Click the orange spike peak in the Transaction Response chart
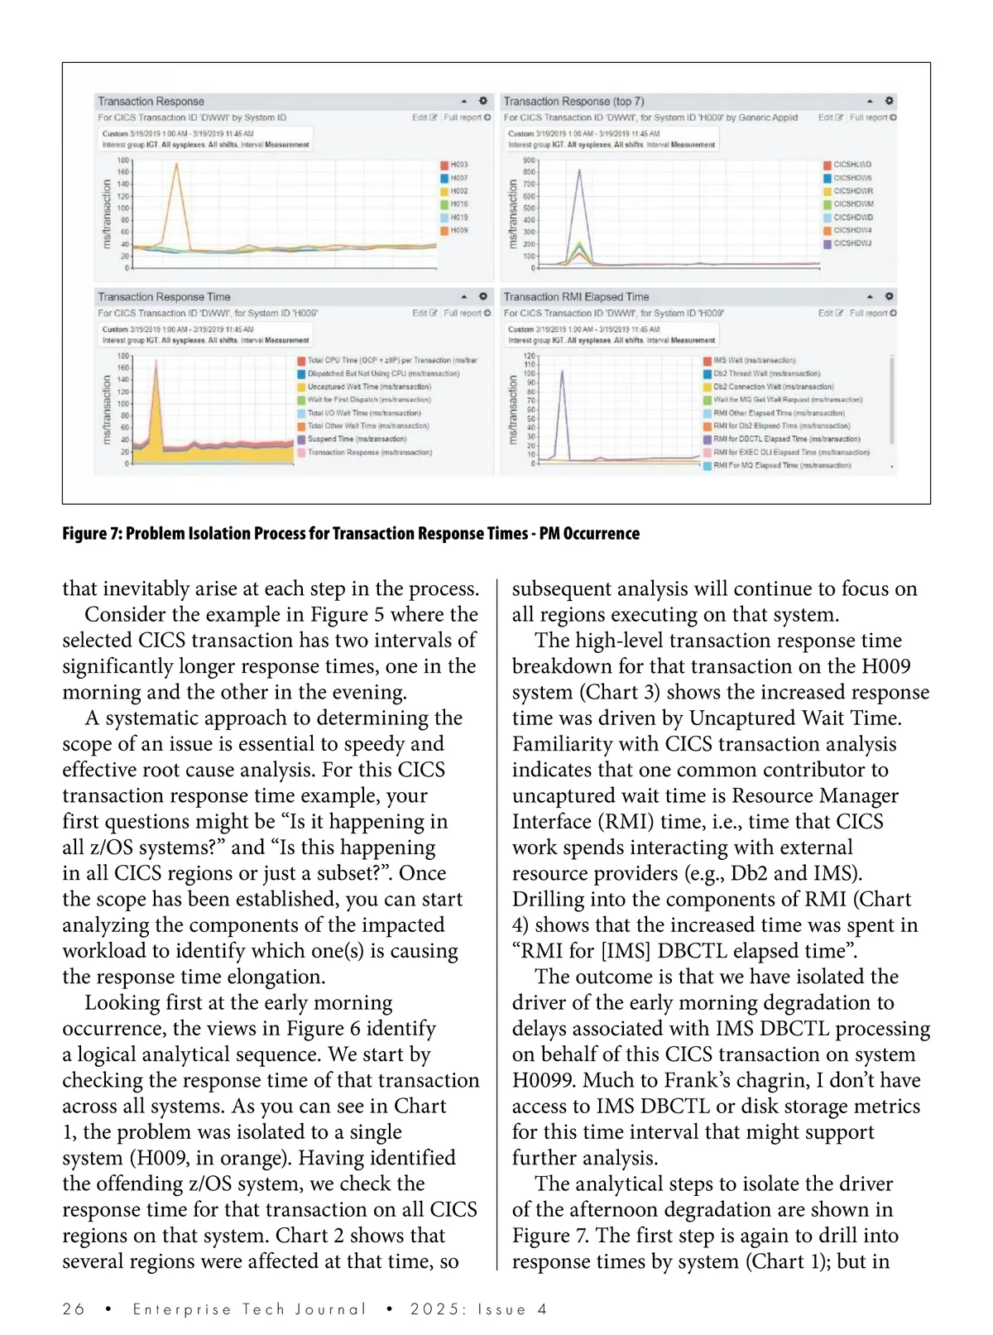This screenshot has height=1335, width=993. pyautogui.click(x=176, y=165)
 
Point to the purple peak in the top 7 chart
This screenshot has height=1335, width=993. pyautogui.click(x=578, y=170)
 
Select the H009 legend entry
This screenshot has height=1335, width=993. pyautogui.click(x=458, y=230)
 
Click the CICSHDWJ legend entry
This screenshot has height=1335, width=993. pyautogui.click(x=851, y=243)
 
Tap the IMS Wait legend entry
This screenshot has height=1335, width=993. pyautogui.click(x=754, y=360)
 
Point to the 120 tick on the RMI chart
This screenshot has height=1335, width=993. pyautogui.click(x=530, y=355)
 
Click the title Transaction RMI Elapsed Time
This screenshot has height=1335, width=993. pyautogui.click(x=576, y=296)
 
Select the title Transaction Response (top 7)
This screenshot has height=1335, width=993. pyautogui.click(x=573, y=101)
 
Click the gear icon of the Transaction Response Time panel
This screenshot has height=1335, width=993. pyautogui.click(x=483, y=295)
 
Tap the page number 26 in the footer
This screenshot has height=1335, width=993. pyautogui.click(x=74, y=1309)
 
